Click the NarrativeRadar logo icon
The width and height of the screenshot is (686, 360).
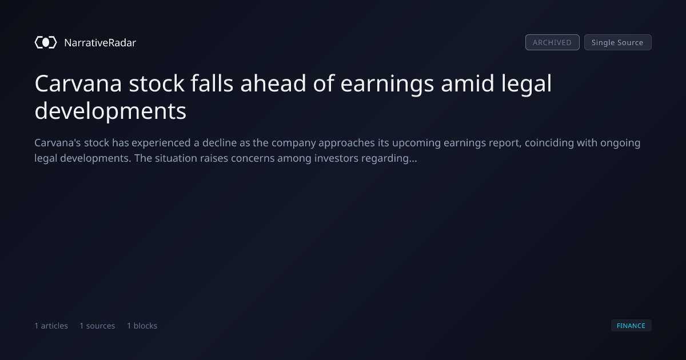click(x=46, y=42)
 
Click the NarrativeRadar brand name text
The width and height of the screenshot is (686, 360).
click(x=100, y=43)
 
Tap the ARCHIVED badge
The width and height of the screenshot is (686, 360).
click(x=552, y=42)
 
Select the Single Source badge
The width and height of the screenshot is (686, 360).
click(x=618, y=42)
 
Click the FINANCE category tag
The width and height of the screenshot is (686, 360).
click(x=631, y=326)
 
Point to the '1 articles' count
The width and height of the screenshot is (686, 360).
click(x=51, y=326)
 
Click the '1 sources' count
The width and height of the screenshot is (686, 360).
click(x=97, y=326)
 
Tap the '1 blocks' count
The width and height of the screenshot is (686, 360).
click(x=142, y=326)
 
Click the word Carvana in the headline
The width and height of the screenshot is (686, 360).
click(x=78, y=83)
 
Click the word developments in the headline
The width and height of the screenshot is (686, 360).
click(x=110, y=111)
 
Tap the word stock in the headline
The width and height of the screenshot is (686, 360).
click(x=157, y=83)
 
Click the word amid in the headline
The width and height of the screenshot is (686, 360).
click(x=468, y=83)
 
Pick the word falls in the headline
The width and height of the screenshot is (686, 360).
click(x=212, y=83)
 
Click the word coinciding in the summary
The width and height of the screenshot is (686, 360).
click(x=549, y=143)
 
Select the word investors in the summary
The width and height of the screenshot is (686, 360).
click(x=336, y=158)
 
